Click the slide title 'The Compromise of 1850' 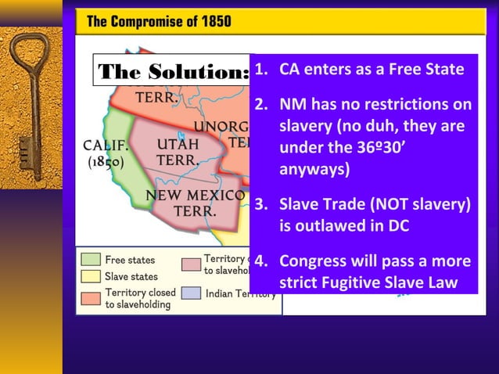(x=159, y=21)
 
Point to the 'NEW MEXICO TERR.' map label (x=191, y=203)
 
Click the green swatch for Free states (x=91, y=260)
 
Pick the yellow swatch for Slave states (x=91, y=276)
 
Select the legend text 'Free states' (x=130, y=260)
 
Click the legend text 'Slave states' (x=131, y=276)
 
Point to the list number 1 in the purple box (x=262, y=69)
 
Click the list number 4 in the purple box (x=262, y=261)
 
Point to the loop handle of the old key (x=31, y=55)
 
